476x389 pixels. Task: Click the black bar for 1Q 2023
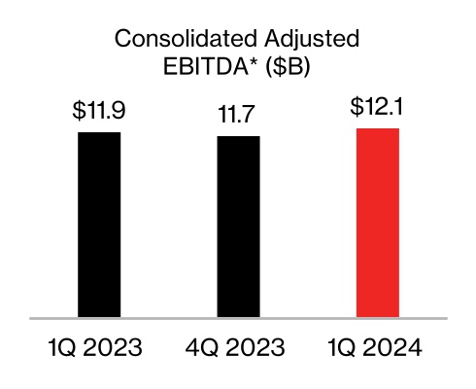pos(98,224)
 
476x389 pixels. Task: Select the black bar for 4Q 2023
pos(238,227)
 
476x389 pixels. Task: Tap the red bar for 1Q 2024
pos(378,222)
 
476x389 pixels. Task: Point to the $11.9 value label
pos(98,111)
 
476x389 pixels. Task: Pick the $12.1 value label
pos(378,107)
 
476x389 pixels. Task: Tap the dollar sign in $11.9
pos(78,111)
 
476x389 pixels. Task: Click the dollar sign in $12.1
pos(357,107)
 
